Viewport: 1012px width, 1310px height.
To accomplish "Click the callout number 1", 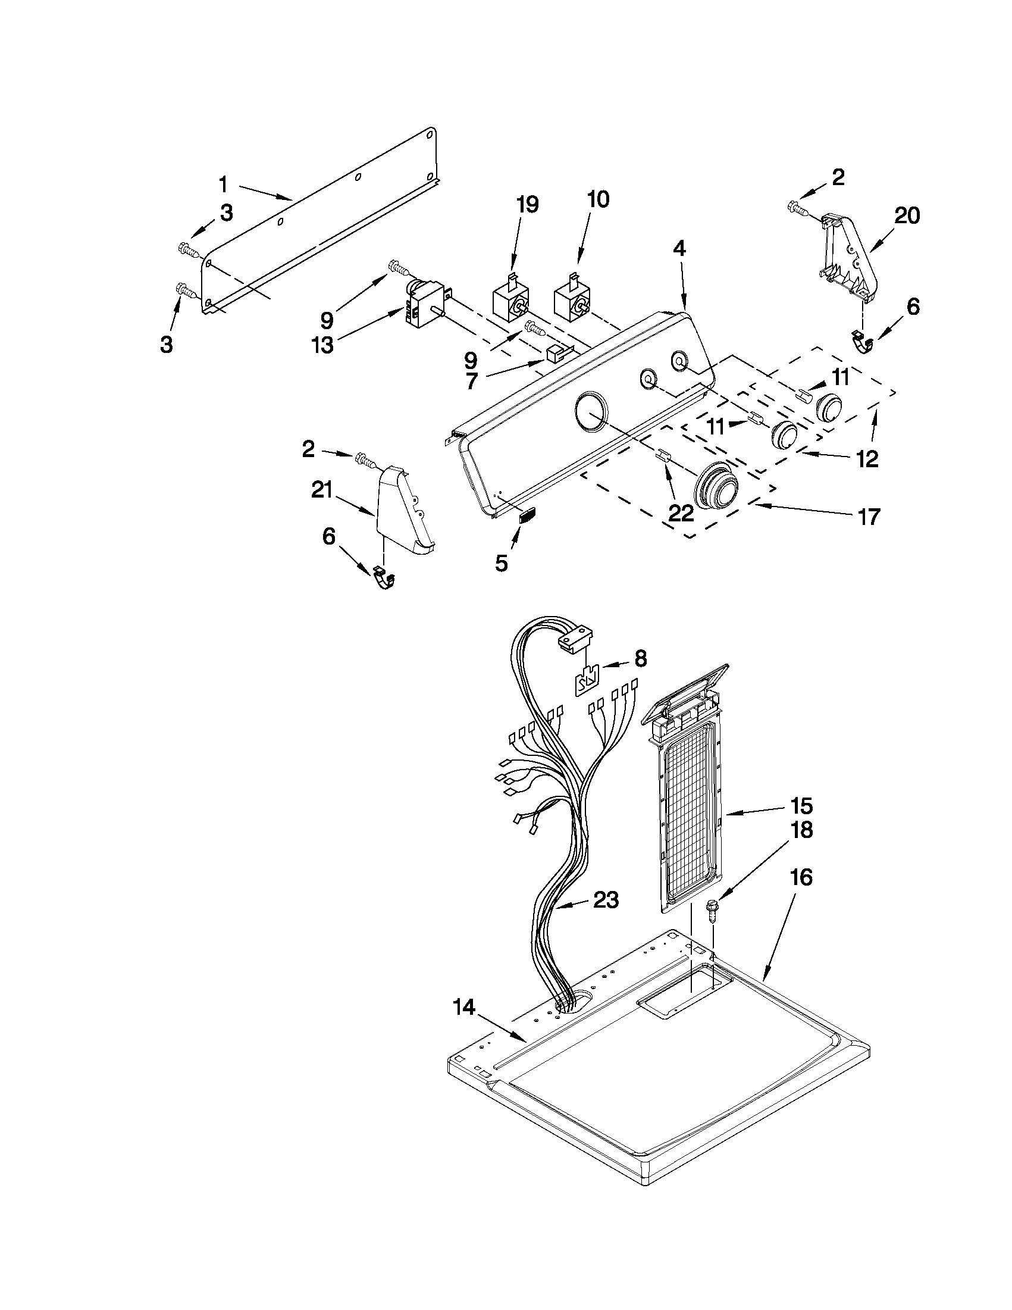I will [223, 185].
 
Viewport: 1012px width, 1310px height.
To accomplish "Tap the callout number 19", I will [527, 205].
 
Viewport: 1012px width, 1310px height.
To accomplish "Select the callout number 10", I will [597, 200].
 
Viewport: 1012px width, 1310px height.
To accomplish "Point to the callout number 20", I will [907, 216].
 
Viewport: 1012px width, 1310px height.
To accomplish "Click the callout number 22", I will [682, 512].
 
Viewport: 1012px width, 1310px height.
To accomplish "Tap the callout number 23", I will [605, 900].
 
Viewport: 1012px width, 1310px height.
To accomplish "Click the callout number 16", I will [801, 877].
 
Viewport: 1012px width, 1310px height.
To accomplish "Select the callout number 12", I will [867, 459].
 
